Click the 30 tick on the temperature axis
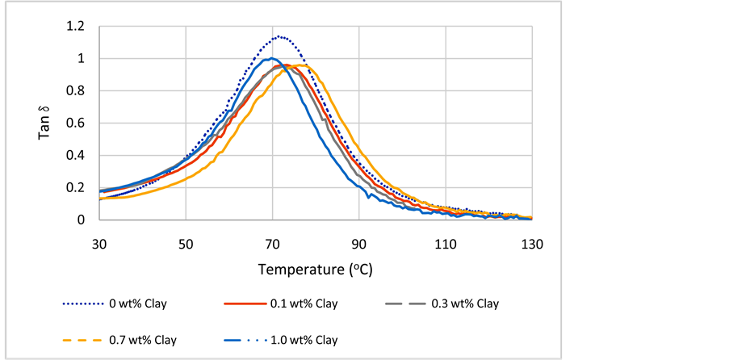point(99,243)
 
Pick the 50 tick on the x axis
point(186,243)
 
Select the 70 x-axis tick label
point(272,243)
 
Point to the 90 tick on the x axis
point(358,243)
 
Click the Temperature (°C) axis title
point(315,268)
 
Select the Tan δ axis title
point(45,123)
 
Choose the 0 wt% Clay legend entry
point(142,304)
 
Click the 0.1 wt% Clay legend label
point(303,304)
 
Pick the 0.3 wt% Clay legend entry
point(464,304)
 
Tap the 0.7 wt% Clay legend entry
point(142,340)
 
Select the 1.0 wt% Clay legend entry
point(303,340)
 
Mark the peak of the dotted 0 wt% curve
point(279,36)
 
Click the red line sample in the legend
point(243,304)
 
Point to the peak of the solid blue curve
point(272,58)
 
